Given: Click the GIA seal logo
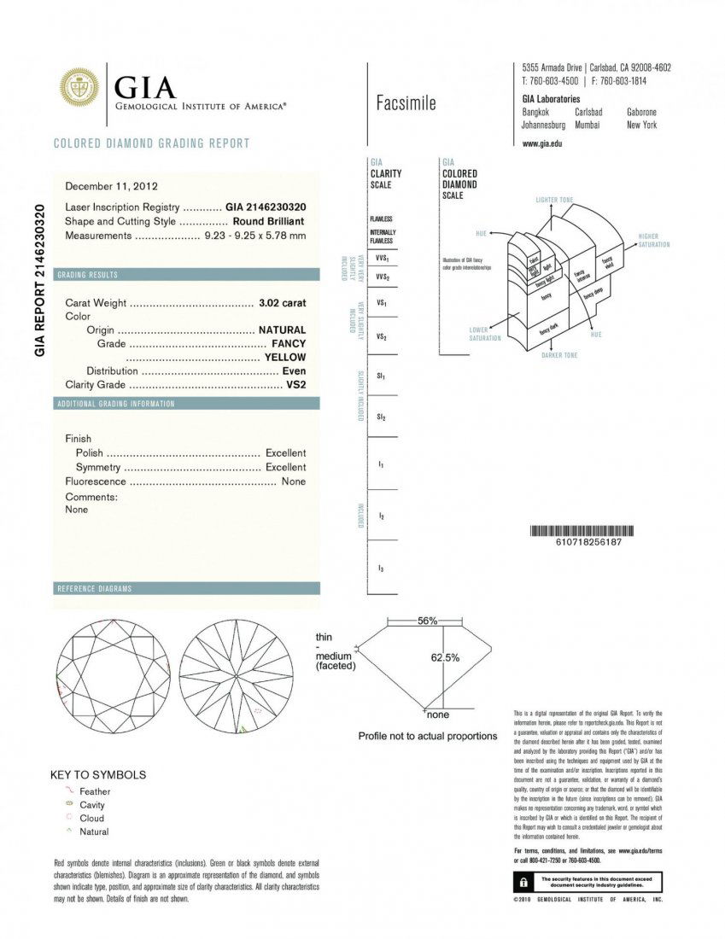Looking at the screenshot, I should [x=79, y=88].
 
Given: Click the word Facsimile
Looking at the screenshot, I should [x=406, y=104].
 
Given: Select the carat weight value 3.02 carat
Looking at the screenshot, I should [x=282, y=303].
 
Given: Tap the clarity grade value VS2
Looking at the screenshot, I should [x=295, y=385].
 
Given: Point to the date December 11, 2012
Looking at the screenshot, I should [x=111, y=186].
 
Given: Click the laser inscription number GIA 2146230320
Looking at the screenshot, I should [x=266, y=207].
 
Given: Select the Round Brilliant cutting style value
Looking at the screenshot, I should [x=269, y=221].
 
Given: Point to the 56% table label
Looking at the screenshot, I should [x=428, y=621].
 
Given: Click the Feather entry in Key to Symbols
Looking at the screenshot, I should [x=94, y=791].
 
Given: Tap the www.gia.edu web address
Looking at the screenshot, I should [x=541, y=143].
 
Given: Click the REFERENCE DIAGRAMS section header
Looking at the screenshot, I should [x=94, y=589].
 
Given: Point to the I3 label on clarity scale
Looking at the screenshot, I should [x=381, y=568].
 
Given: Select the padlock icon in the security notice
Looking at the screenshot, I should [x=520, y=880].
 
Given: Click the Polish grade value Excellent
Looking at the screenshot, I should [x=285, y=453].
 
